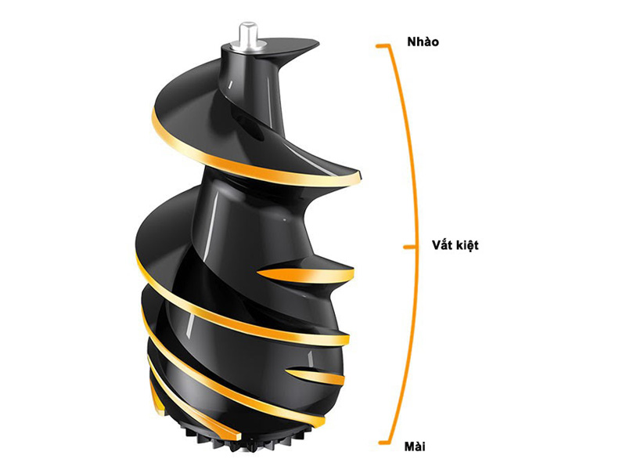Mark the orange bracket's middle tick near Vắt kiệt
tap(408, 246)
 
